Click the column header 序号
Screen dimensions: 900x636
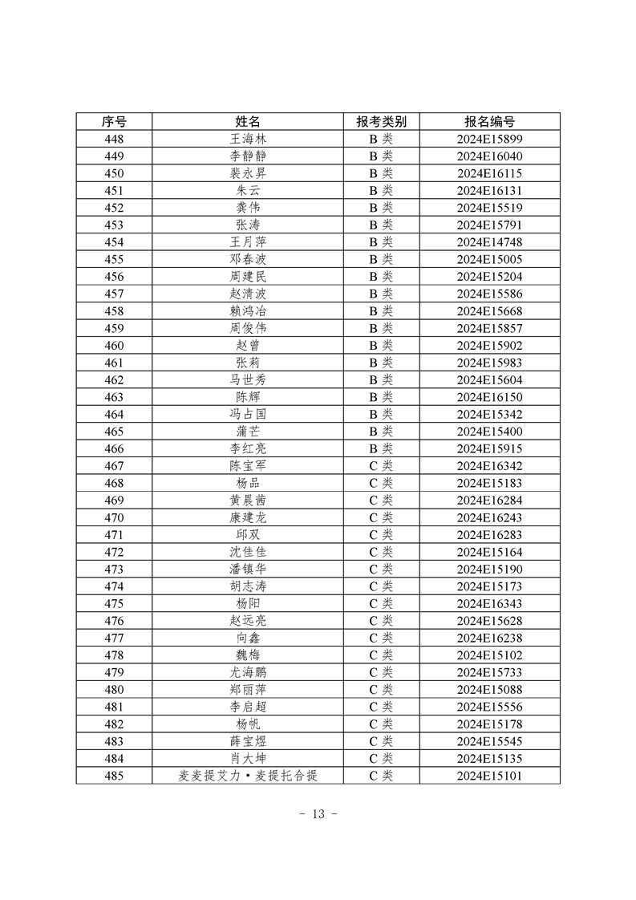pos(114,121)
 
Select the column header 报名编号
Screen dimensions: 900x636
pos(489,121)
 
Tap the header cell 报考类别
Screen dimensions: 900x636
pos(381,121)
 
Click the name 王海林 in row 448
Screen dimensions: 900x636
pos(248,139)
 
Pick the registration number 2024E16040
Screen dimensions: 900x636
pos(489,156)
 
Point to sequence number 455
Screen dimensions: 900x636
pos(114,259)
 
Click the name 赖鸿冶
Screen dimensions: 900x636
pos(248,311)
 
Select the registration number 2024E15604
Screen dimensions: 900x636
pos(489,379)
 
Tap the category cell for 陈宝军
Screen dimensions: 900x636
pos(381,466)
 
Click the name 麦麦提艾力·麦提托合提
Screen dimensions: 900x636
pos(248,776)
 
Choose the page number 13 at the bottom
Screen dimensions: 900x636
pos(318,814)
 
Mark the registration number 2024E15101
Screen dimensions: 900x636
pos(489,776)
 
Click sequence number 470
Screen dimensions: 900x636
pos(114,517)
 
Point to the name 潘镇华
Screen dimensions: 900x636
pos(248,569)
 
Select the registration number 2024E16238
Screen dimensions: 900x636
pos(489,638)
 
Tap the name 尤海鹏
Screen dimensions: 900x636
pos(248,672)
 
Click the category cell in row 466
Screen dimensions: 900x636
pos(381,448)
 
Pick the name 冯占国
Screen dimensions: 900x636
pos(248,414)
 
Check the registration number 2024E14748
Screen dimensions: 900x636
pos(489,242)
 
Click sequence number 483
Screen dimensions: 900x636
pos(114,741)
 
